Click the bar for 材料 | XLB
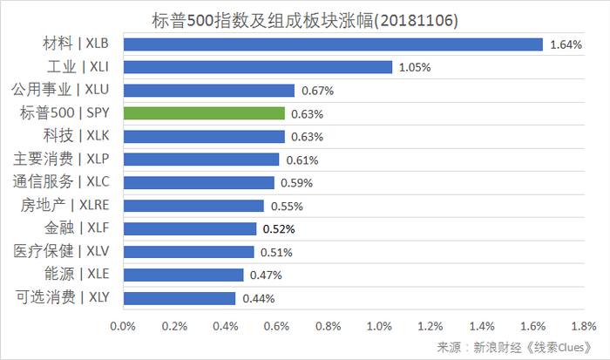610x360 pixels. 333,44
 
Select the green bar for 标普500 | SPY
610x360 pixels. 204,113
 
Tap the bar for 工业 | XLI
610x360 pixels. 258,67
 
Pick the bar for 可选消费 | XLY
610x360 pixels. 180,298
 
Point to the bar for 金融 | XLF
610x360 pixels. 190,228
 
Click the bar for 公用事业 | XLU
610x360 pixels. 209,90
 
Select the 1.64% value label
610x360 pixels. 566,44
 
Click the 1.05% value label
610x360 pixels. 415,67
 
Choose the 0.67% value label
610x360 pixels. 317,91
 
